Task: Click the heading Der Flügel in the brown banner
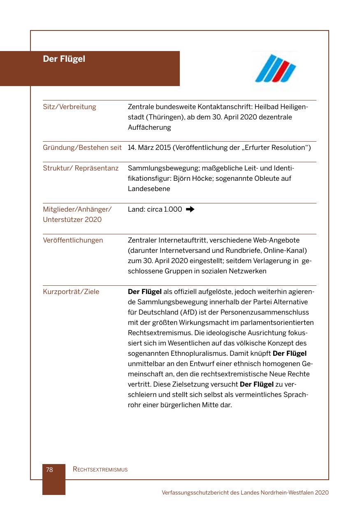pyautogui.click(x=64, y=59)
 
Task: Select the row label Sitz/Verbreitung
pyautogui.click(x=69, y=107)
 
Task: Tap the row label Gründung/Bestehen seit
pyautogui.click(x=82, y=148)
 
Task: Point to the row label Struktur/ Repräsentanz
pyautogui.click(x=81, y=168)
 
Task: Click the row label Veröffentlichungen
pyautogui.click(x=73, y=240)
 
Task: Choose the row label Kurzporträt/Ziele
pyautogui.click(x=71, y=292)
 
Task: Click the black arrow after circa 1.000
pyautogui.click(x=190, y=210)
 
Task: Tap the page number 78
pyautogui.click(x=49, y=469)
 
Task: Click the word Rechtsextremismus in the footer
pyautogui.click(x=100, y=469)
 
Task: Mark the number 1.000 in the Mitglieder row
pyautogui.click(x=173, y=210)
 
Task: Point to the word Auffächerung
pyautogui.click(x=149, y=128)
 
